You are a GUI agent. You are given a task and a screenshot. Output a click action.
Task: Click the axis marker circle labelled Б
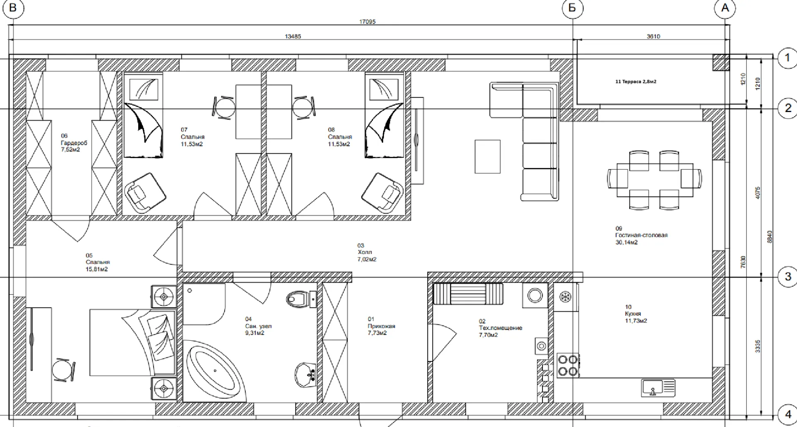[572, 9]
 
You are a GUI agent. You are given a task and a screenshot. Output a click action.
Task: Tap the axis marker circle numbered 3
[787, 277]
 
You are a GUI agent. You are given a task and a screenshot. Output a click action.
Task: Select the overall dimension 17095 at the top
[367, 22]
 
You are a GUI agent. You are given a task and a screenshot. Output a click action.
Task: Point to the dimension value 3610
[653, 37]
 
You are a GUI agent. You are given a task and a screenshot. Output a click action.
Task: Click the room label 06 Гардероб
[74, 143]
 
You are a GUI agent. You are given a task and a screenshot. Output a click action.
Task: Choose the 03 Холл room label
[367, 252]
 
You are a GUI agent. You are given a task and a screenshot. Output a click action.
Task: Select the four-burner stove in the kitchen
[568, 365]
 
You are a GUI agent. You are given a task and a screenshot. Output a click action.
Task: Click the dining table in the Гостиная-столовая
[655, 180]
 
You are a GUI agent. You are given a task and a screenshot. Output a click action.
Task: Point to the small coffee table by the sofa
[487, 156]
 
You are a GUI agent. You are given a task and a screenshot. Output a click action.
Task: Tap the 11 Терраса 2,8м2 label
[636, 82]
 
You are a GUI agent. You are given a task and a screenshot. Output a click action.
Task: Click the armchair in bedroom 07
[144, 192]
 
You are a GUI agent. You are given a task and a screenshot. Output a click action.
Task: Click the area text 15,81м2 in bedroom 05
[97, 269]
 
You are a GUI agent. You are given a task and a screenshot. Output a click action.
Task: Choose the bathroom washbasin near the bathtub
[306, 376]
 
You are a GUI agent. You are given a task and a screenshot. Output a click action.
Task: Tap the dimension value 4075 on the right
[758, 193]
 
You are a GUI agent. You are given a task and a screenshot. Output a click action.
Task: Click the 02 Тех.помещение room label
[500, 328]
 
